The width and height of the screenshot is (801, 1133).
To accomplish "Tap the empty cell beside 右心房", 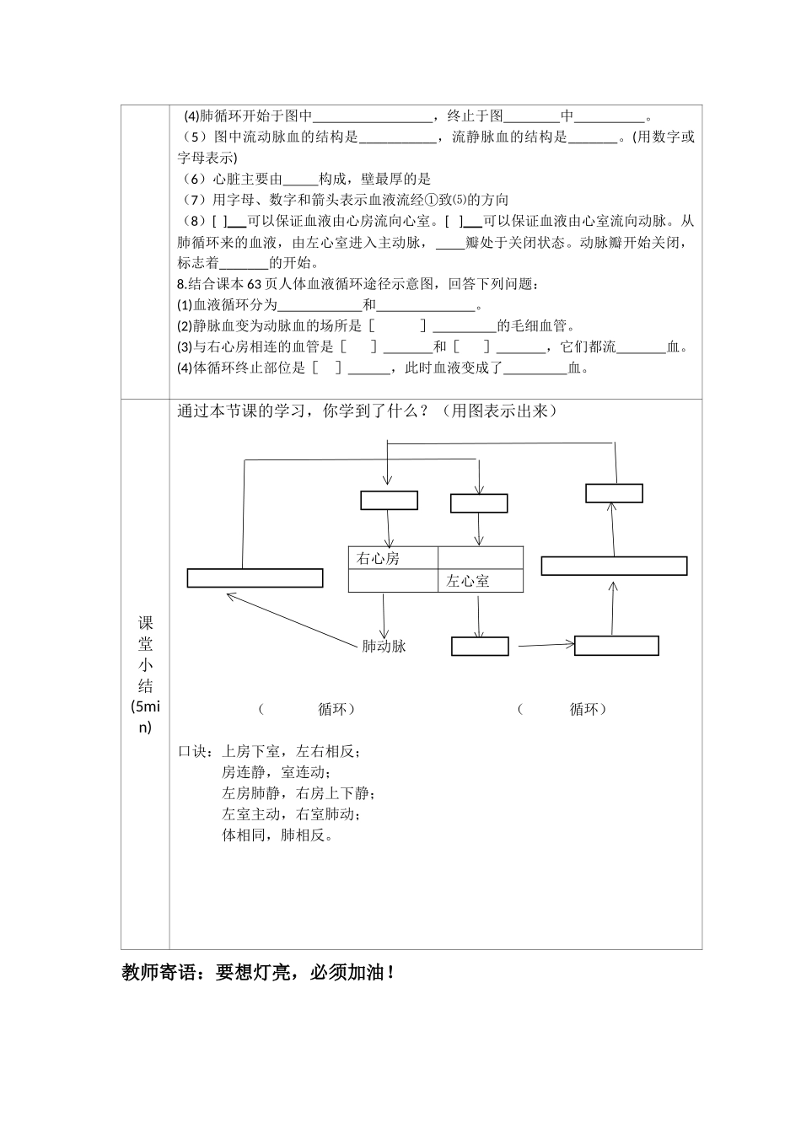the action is (x=480, y=558).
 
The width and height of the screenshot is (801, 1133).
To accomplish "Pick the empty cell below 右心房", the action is (x=393, y=581).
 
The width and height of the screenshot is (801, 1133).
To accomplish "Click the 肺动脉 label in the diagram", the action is (x=384, y=647).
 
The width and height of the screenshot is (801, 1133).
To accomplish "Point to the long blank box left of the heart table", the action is (x=255, y=578).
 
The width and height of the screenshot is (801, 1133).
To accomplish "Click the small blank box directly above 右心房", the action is (x=389, y=500).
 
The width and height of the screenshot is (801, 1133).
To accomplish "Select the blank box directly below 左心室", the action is (x=480, y=647).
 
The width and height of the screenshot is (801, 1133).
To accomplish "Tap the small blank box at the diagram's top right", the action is (x=614, y=493).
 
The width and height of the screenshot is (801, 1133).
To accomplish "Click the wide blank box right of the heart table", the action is (x=614, y=566).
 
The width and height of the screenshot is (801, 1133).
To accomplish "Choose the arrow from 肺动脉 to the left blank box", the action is (x=292, y=620).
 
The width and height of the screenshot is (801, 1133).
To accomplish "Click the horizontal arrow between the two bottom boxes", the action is (x=545, y=646).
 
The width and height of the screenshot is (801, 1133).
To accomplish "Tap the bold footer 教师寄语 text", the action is (x=257, y=973).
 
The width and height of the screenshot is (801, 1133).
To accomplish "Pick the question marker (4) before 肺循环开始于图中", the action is (x=191, y=116).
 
